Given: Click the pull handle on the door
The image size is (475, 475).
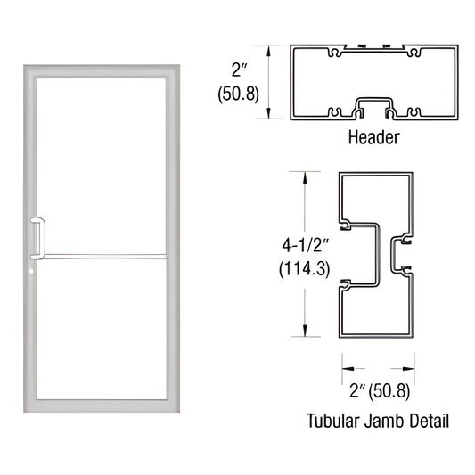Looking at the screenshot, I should tap(37, 235).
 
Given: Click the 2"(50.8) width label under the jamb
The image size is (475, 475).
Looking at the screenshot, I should tap(378, 389).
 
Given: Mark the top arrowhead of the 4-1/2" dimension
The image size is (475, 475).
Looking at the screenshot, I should tap(307, 176).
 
